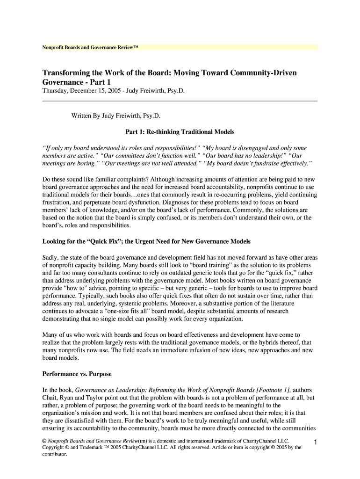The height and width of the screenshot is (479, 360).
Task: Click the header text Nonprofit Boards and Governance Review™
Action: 90,48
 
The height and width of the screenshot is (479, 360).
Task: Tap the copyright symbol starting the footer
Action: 44,441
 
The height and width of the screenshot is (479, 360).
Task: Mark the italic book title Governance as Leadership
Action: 110,390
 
